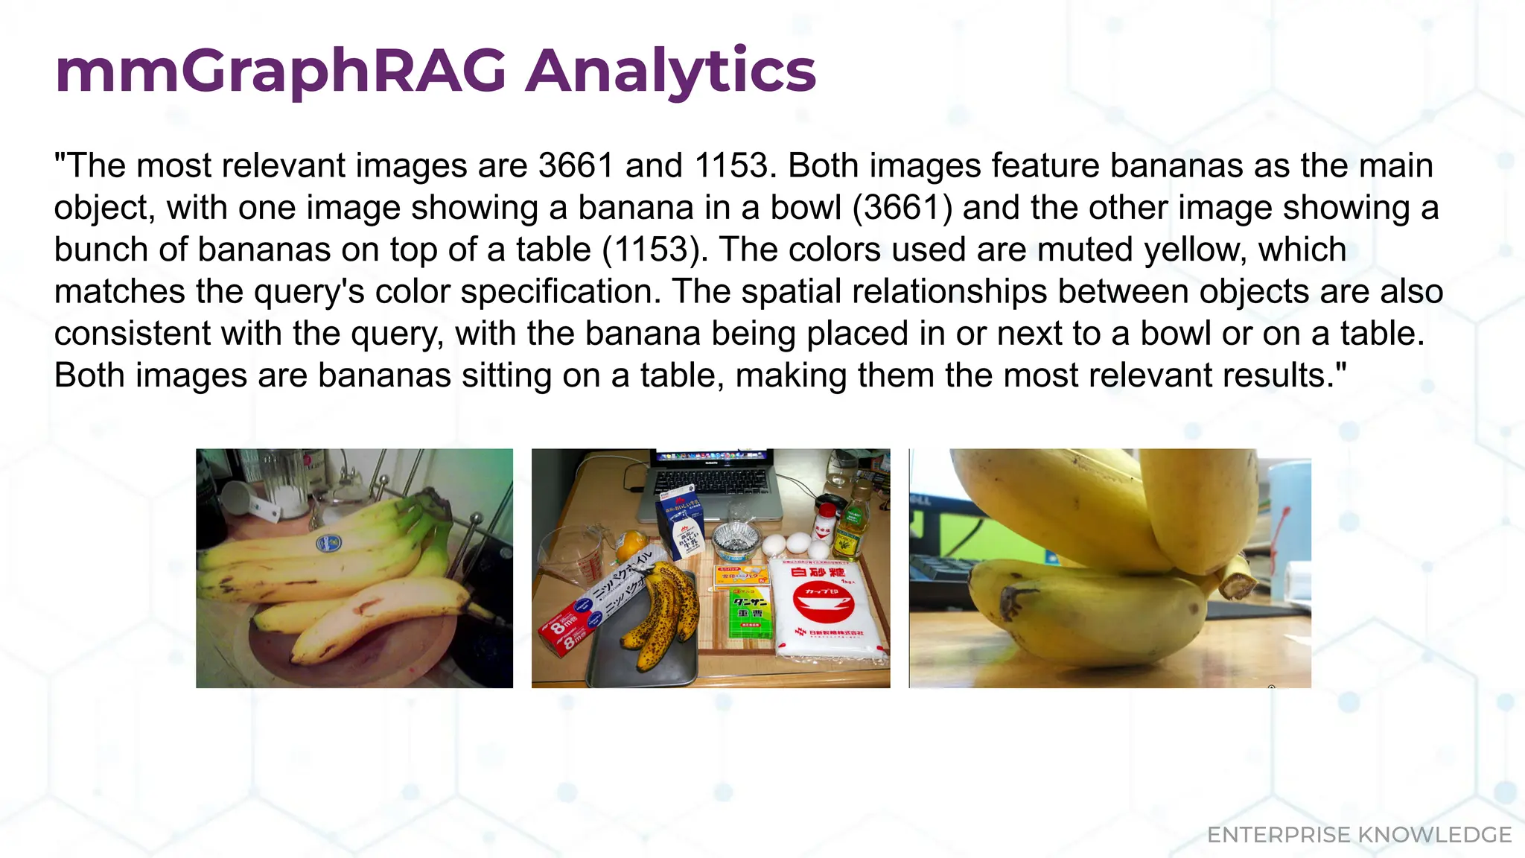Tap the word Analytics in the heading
670,71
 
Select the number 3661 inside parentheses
902,208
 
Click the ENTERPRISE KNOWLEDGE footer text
1359,835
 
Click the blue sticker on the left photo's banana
330,543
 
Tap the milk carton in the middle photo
680,525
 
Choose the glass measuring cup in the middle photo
570,559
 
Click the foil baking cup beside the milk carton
735,538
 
